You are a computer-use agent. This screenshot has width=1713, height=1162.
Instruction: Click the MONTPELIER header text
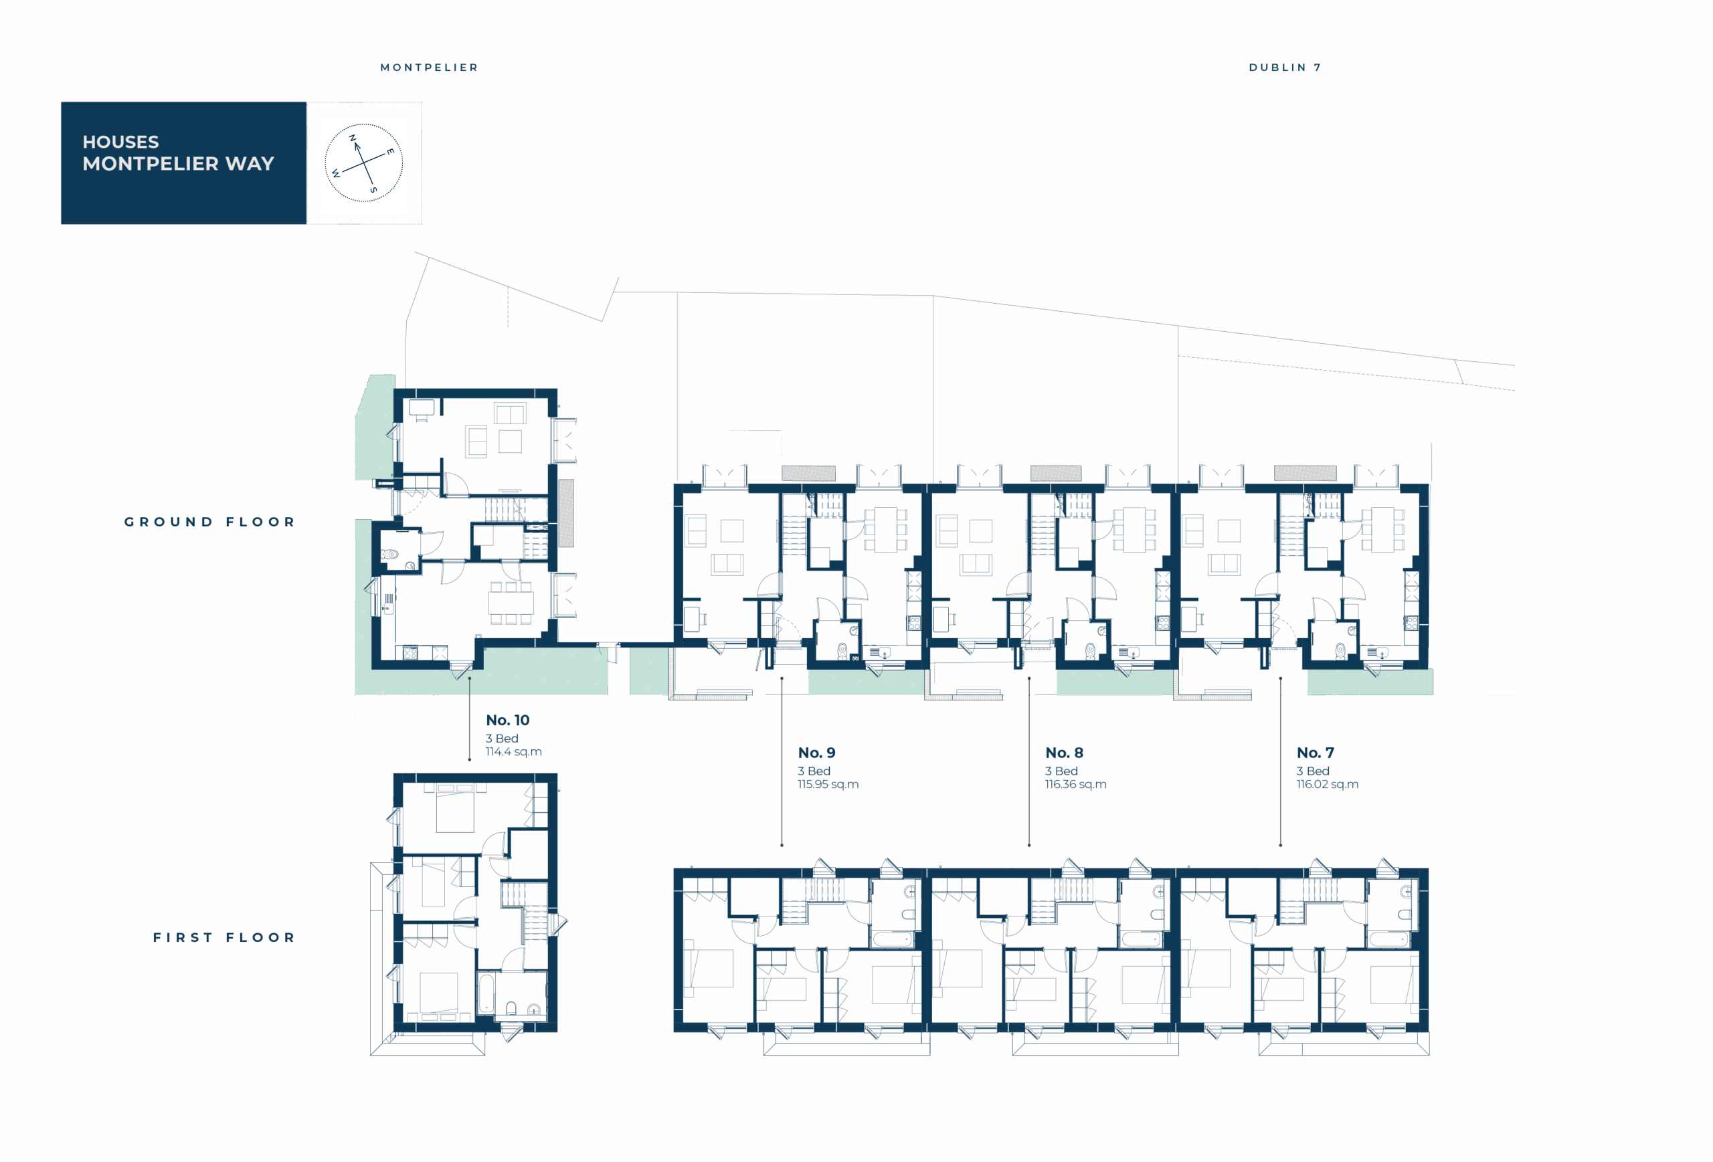(429, 67)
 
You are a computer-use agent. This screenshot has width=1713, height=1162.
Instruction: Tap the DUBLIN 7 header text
(1285, 67)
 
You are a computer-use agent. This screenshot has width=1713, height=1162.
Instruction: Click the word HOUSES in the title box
(121, 141)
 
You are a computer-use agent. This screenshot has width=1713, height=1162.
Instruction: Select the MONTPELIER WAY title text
(179, 164)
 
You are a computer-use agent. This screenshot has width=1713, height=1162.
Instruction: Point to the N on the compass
(353, 138)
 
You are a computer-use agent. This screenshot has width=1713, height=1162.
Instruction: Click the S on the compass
(373, 190)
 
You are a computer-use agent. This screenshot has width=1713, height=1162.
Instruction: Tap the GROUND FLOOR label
(209, 522)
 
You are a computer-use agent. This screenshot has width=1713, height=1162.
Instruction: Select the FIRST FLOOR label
(224, 937)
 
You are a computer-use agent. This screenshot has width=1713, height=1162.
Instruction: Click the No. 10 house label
(507, 720)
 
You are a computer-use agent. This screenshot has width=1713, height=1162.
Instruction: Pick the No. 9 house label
(817, 753)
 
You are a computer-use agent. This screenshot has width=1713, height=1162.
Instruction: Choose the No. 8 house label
(1065, 753)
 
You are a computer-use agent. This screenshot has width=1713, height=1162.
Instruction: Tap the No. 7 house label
(1315, 753)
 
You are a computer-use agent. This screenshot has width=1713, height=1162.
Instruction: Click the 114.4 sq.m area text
(514, 751)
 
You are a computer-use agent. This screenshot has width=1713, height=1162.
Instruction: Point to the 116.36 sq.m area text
(1076, 784)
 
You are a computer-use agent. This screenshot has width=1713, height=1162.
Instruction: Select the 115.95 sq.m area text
(828, 784)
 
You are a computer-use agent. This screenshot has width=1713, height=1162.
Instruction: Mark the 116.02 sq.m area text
(1328, 784)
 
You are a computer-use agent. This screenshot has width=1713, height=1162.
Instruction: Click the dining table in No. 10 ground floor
(511, 603)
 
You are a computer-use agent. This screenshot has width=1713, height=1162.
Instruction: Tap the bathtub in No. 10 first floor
(486, 995)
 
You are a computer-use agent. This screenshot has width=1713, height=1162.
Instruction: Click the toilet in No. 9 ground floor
(842, 652)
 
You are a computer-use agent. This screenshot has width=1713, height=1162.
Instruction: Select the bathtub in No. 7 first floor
(1389, 939)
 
